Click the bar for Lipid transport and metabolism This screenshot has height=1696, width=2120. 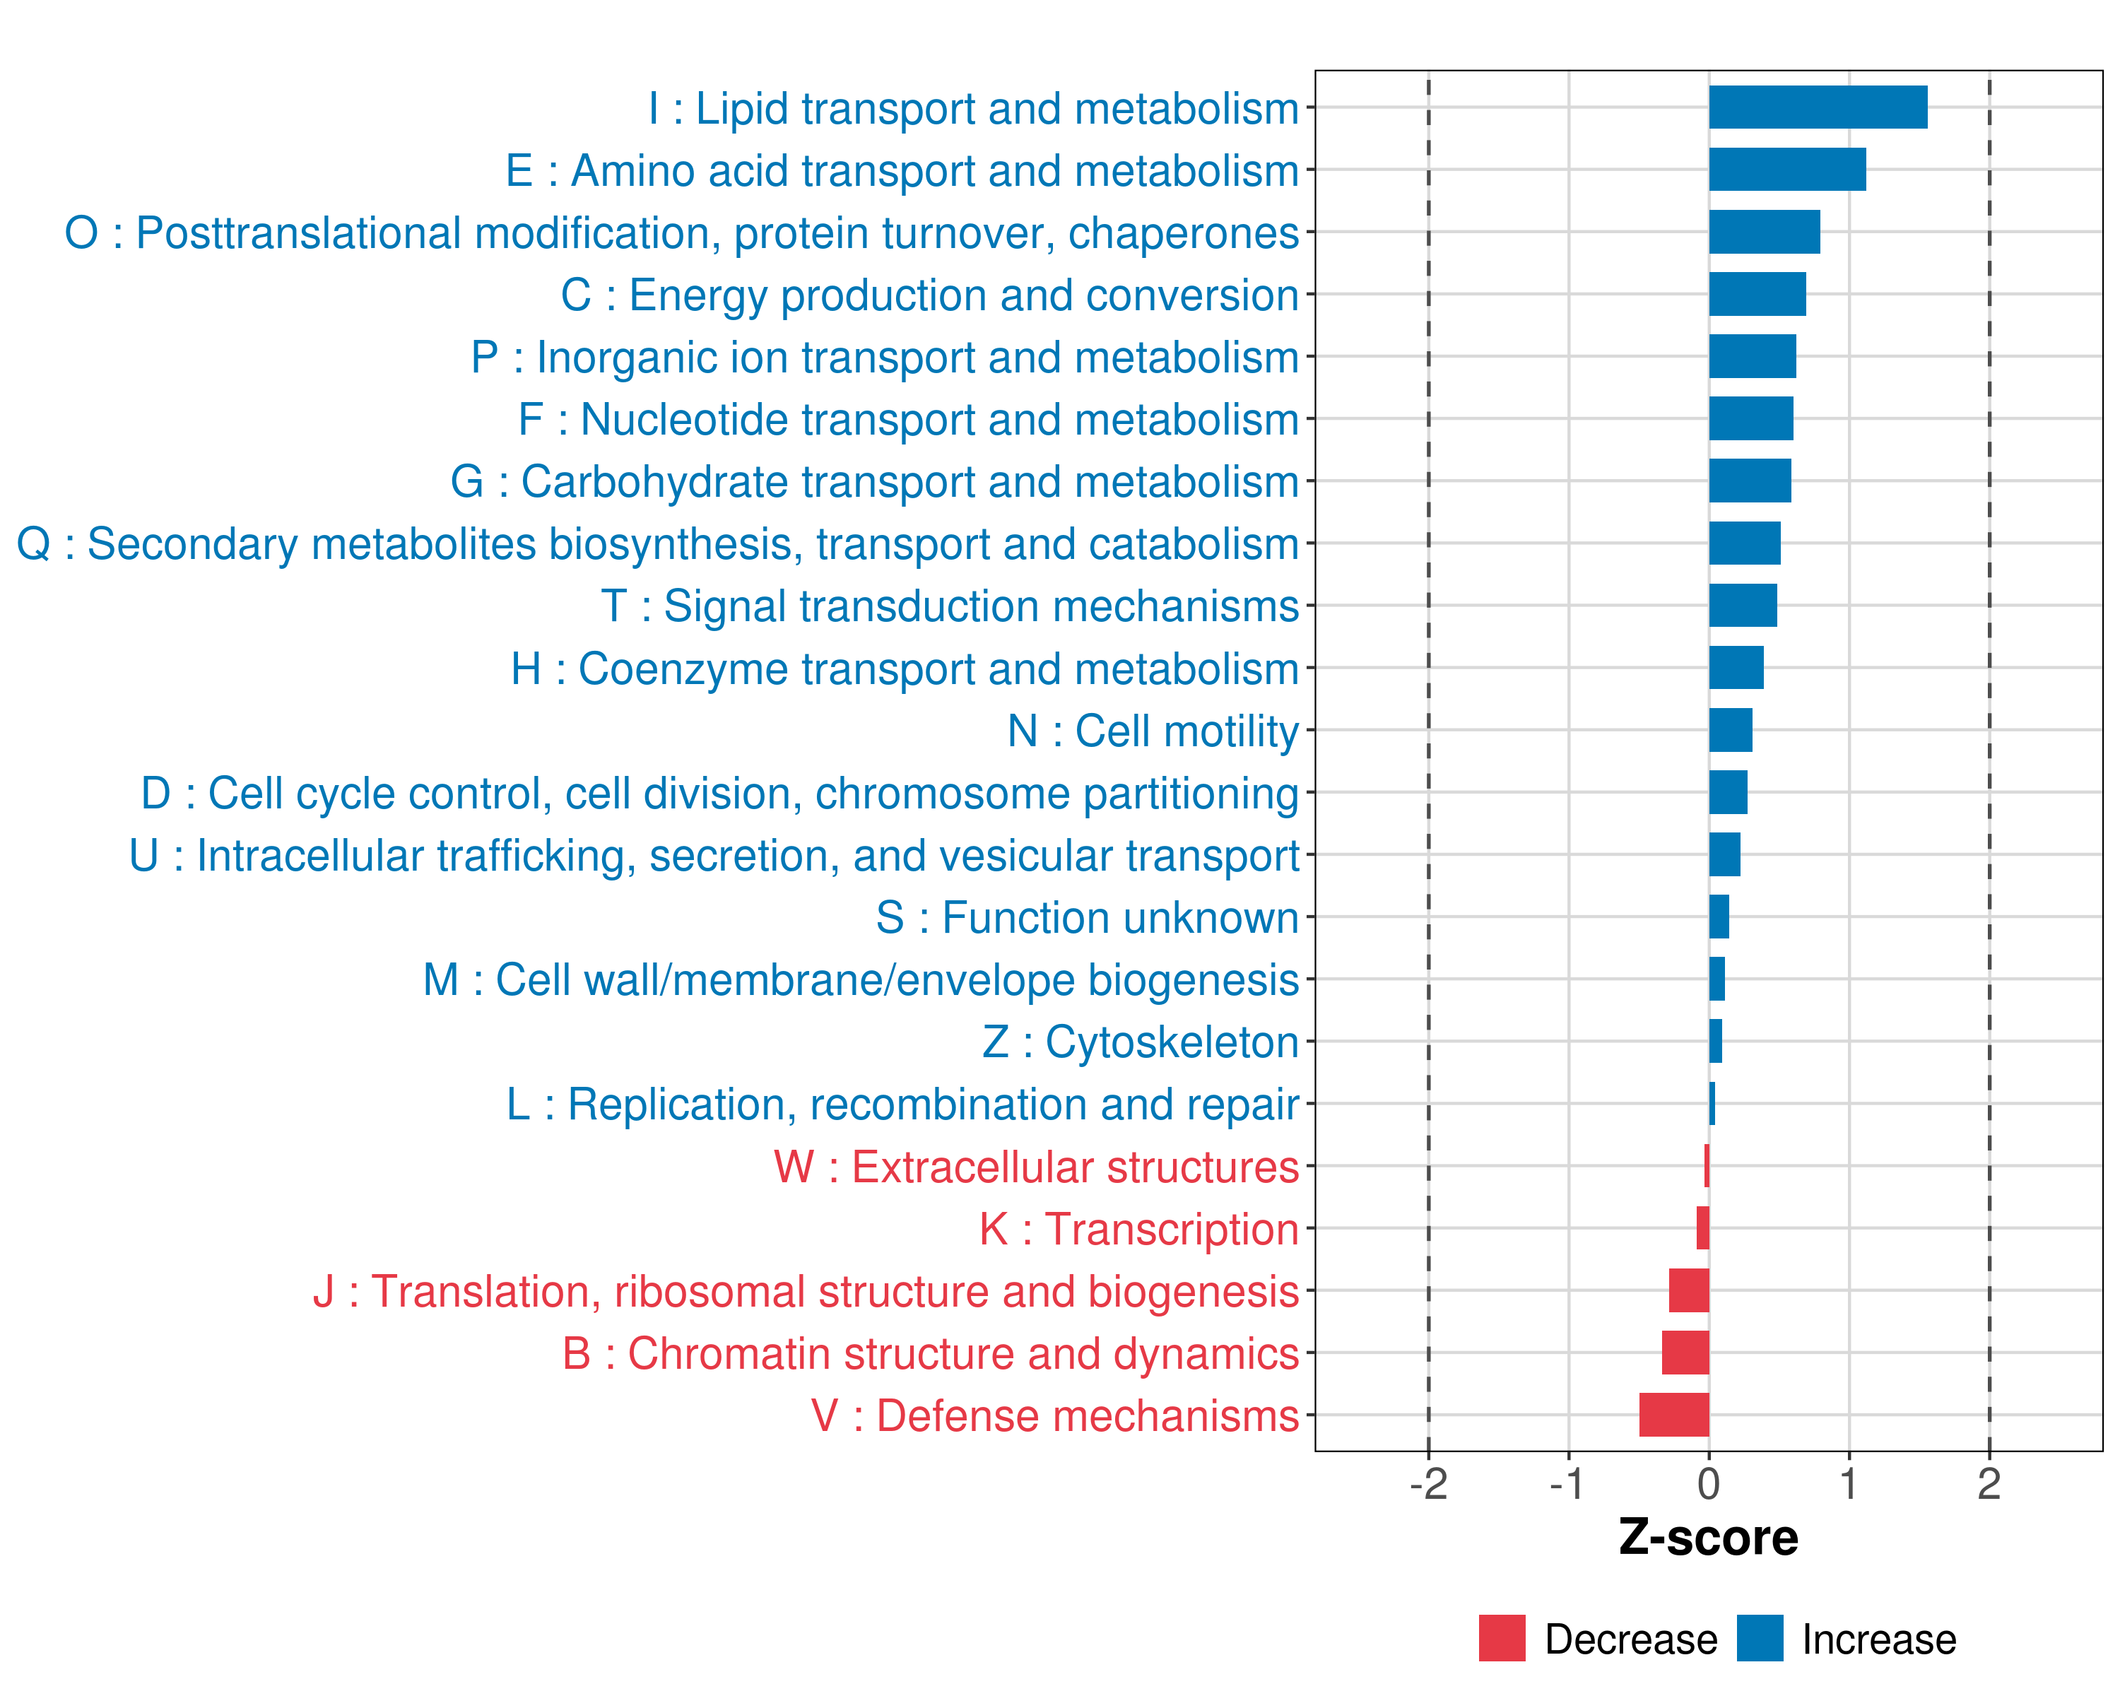pos(1817,107)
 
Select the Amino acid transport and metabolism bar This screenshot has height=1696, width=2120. pos(1786,169)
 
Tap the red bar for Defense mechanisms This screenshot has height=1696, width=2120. pos(1673,1414)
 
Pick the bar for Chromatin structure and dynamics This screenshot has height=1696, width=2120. pos(1685,1352)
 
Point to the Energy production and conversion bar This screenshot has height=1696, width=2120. pos(1757,294)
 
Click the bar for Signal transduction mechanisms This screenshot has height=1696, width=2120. pos(1743,605)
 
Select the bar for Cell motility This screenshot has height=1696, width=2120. pos(1730,729)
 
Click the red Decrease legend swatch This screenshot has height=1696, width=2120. pos(1502,1638)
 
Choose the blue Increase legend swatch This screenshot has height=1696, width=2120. pos(1759,1638)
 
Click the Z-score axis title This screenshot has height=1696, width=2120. pos(1708,1538)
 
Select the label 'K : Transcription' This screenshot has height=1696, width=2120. pos(1138,1229)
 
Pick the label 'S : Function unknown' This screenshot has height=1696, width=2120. pos(1087,918)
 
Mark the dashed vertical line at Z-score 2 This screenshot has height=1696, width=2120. pos(1989,787)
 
